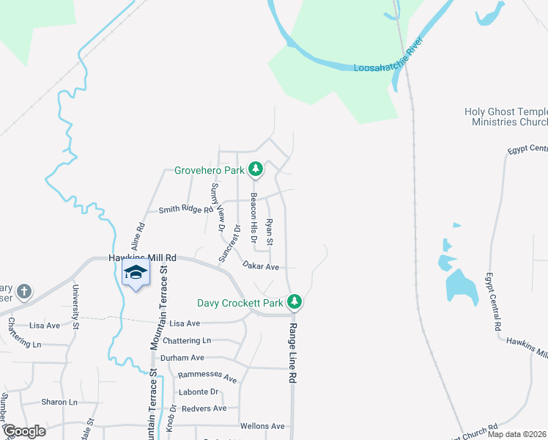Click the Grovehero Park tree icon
pyautogui.click(x=255, y=170)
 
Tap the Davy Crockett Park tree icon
pyautogui.click(x=295, y=301)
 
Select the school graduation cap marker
pyautogui.click(x=136, y=273)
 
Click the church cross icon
pyautogui.click(x=23, y=291)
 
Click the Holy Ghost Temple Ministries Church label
pyautogui.click(x=506, y=117)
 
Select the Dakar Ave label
pyautogui.click(x=262, y=267)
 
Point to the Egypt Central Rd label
pyautogui.click(x=492, y=301)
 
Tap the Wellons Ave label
pyautogui.click(x=262, y=425)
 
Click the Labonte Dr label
pyautogui.click(x=193, y=392)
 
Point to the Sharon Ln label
pyautogui.click(x=59, y=402)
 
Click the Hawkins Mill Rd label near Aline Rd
pyautogui.click(x=142, y=258)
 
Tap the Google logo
pyautogui.click(x=24, y=430)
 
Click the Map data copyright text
pyautogui.click(x=516, y=434)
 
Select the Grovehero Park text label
pyautogui.click(x=208, y=171)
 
